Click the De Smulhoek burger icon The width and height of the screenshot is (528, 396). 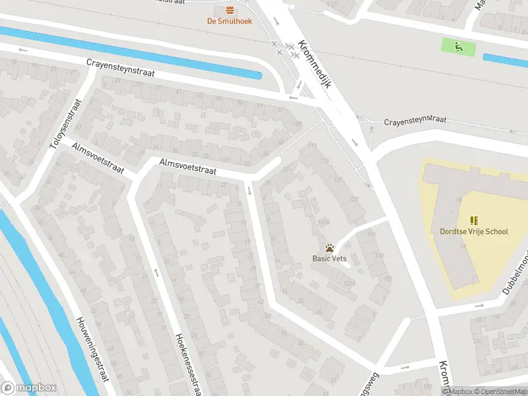(x=230, y=10)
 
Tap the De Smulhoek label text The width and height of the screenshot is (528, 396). (x=230, y=21)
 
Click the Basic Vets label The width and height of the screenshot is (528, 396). (x=329, y=259)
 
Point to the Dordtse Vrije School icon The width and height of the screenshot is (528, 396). (x=474, y=220)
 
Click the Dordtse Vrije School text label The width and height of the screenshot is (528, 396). (x=474, y=232)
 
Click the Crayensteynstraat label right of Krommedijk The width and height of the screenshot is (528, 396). (x=415, y=121)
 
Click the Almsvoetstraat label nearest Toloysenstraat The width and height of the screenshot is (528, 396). (x=99, y=158)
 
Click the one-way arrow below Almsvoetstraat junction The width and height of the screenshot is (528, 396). (x=249, y=191)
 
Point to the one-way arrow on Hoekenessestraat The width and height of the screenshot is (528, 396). (x=156, y=272)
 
